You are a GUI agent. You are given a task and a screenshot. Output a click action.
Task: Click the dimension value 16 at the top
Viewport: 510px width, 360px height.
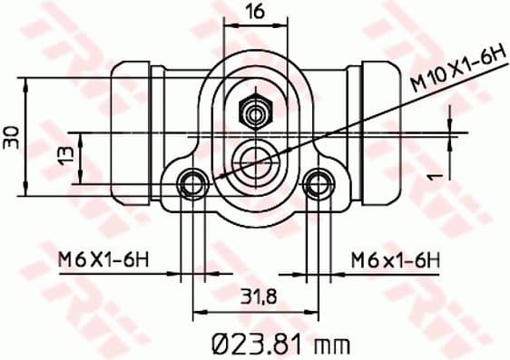click(254, 12)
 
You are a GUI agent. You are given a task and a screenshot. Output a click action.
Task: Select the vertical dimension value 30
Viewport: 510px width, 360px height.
click(11, 138)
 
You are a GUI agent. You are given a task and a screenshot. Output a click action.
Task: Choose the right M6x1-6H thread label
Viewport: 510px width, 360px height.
click(395, 261)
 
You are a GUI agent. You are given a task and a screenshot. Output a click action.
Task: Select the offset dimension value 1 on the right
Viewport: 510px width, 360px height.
click(436, 170)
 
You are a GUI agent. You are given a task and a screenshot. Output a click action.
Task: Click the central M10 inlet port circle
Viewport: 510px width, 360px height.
click(255, 160)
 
